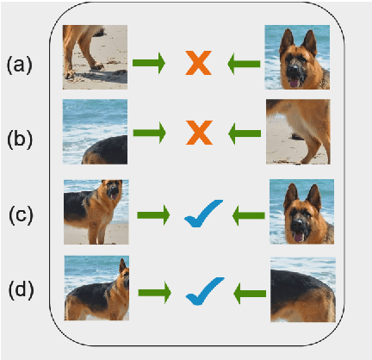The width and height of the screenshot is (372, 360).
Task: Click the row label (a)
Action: click(20, 65)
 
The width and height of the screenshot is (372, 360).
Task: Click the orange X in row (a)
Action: click(200, 63)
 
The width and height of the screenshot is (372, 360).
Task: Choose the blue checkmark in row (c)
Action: click(203, 213)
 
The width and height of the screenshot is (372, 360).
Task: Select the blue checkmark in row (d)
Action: click(203, 289)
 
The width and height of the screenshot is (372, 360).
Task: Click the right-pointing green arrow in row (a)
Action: click(152, 63)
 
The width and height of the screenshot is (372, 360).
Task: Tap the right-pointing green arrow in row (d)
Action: click(155, 292)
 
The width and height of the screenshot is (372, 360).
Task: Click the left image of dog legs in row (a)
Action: click(95, 57)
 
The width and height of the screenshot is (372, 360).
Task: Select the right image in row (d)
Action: click(302, 289)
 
